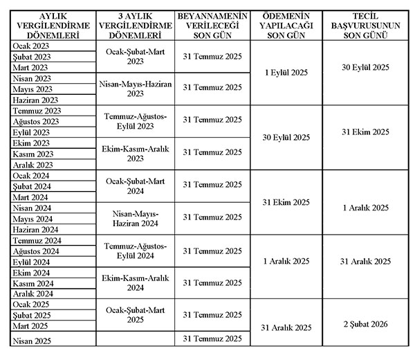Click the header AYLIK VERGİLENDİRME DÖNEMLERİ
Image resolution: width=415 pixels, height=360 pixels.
48,24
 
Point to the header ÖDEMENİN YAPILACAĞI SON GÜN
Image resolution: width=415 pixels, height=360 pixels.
286,24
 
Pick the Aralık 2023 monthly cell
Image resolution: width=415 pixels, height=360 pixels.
33,165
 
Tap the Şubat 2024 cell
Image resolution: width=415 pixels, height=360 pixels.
32,186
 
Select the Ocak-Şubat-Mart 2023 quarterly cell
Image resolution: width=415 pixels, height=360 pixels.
136,56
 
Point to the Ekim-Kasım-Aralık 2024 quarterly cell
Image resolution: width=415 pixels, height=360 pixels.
136,282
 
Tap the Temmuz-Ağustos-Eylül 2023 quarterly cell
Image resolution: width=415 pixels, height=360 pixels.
136,120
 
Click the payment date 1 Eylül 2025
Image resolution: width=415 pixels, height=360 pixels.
286,72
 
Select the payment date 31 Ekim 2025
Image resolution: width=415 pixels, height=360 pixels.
286,202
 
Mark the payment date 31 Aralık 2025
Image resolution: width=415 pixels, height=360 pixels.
286,327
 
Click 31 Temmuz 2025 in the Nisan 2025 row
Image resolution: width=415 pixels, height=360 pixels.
212,339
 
